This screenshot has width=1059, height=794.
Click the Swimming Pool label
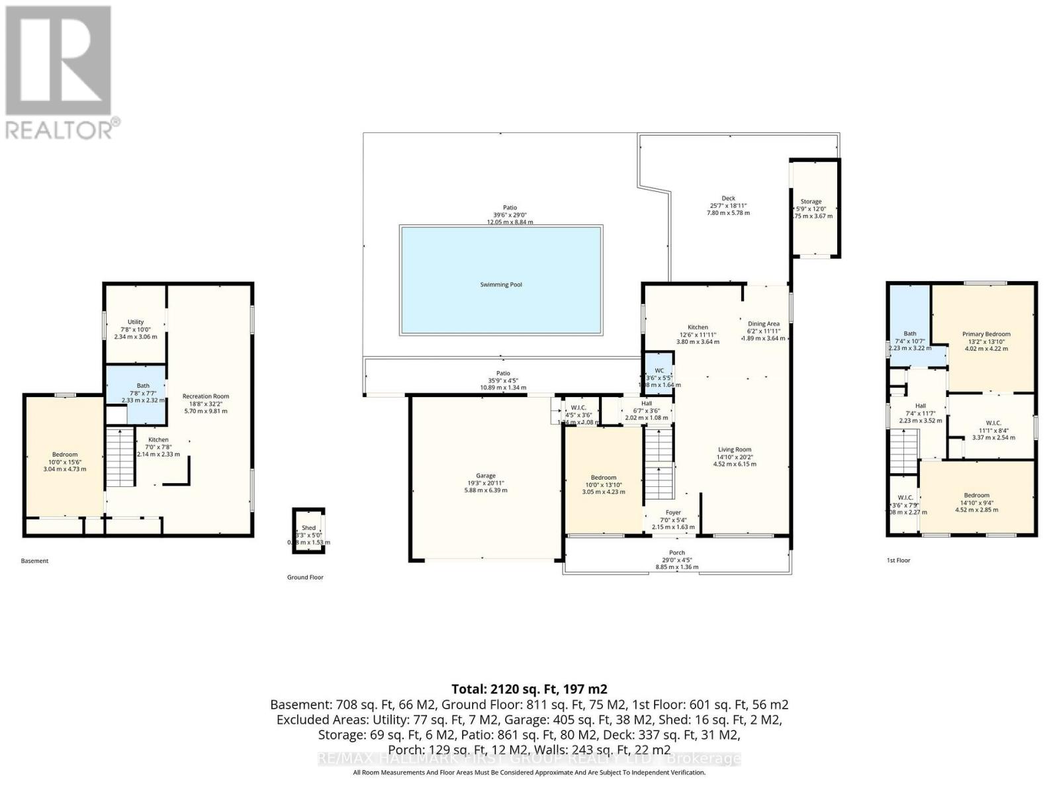pos(501,285)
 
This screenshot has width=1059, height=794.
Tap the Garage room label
pos(486,476)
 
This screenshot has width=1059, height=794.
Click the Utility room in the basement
pos(136,324)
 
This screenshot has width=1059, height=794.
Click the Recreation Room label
pos(206,396)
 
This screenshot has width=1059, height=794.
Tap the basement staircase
pos(120,457)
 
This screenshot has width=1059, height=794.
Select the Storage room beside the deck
pos(814,208)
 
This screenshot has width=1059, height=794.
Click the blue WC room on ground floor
pos(659,373)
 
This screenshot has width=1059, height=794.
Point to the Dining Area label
pos(763,324)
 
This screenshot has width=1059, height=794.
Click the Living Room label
pos(734,450)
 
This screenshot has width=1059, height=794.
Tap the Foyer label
pos(673,512)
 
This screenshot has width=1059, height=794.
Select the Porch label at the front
pos(676,552)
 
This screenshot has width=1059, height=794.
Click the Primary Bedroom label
pos(986,334)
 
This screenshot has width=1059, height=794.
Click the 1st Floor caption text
pos(898,560)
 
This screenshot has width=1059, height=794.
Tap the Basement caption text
pos(34,561)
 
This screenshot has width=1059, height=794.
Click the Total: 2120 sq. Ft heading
pos(529,689)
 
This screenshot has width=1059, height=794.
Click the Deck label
pos(728,198)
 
